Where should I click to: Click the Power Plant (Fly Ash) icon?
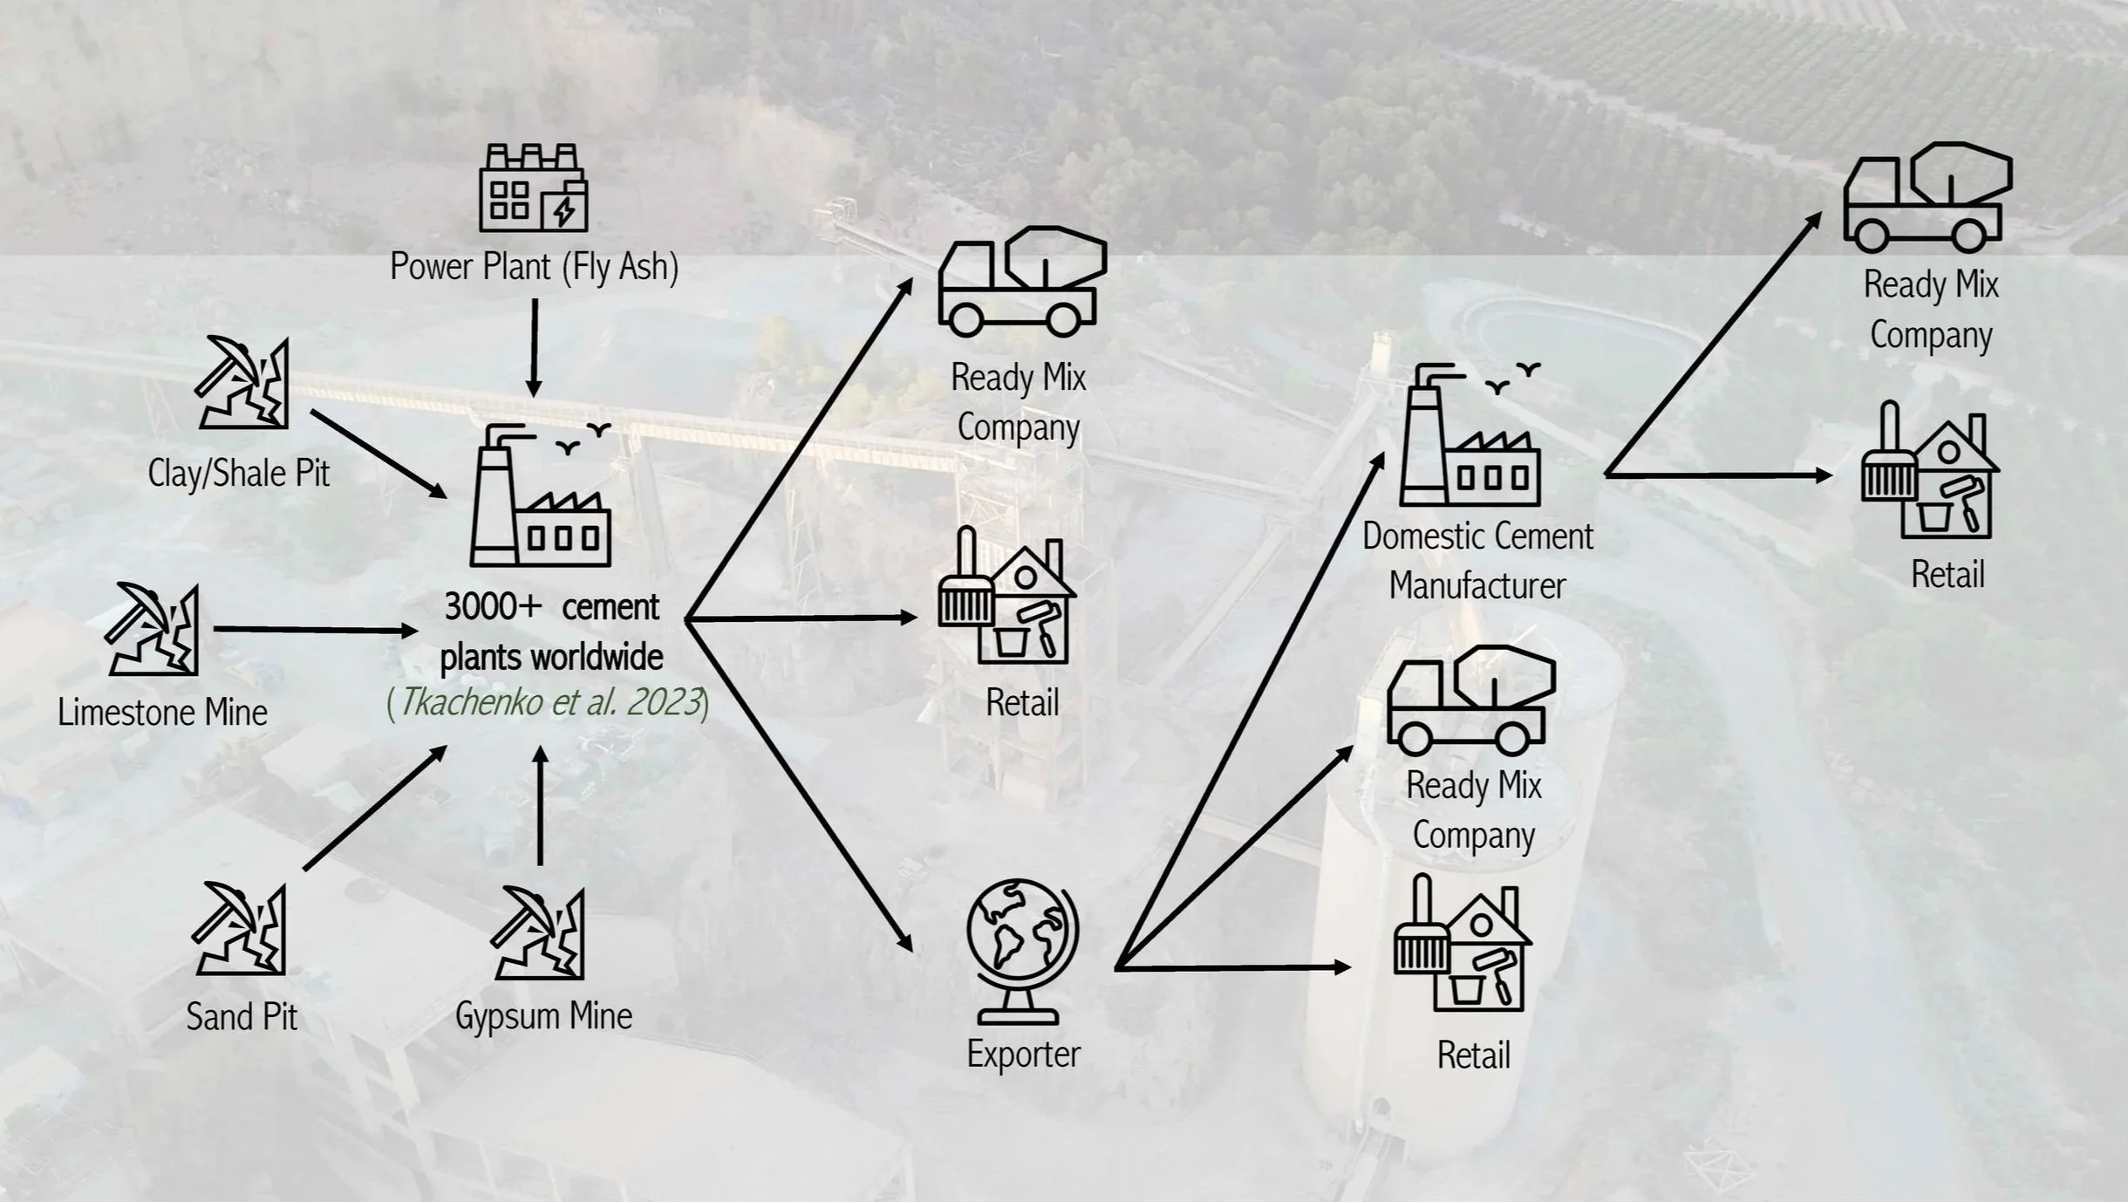[x=534, y=188]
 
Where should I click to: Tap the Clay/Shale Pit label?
[x=239, y=474]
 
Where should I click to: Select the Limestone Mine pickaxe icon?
[x=152, y=629]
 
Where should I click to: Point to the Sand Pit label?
[x=242, y=1017]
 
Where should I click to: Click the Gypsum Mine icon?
[x=537, y=933]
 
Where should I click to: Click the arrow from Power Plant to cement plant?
[x=535, y=347]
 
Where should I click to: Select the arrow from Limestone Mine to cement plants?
[x=316, y=629]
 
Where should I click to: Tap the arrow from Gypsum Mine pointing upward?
[x=541, y=805]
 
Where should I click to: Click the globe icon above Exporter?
[x=1022, y=951]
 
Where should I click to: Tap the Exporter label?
[x=1023, y=1055]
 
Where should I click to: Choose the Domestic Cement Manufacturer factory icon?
[x=1470, y=434]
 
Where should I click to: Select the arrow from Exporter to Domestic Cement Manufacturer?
[x=1250, y=711]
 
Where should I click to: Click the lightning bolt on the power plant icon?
[x=564, y=212]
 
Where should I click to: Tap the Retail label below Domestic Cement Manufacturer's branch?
[x=1947, y=575]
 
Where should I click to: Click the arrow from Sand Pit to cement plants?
[x=375, y=808]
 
